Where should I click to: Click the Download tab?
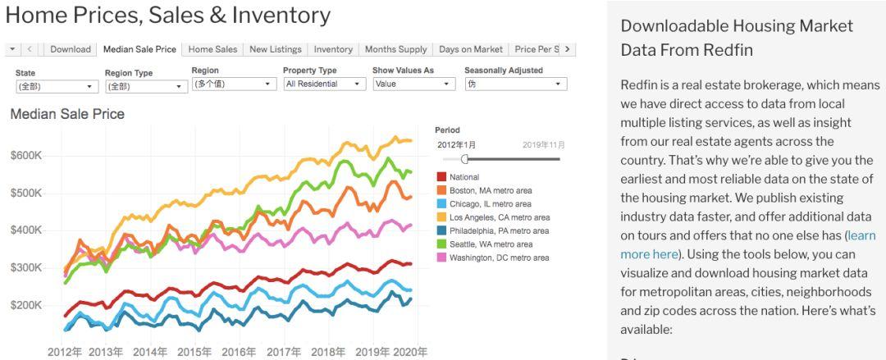click(x=71, y=49)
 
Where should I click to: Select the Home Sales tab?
click(x=212, y=49)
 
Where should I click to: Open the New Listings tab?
click(x=275, y=49)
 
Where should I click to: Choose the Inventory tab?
click(x=333, y=49)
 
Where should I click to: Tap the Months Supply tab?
click(x=395, y=49)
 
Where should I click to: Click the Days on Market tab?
click(x=471, y=49)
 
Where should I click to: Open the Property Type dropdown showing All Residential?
click(x=324, y=84)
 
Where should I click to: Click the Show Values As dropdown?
click(x=413, y=84)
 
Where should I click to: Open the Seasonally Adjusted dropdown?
click(x=515, y=84)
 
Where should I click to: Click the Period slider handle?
click(x=465, y=159)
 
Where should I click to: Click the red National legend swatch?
click(x=441, y=177)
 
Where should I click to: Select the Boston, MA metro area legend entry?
click(x=491, y=190)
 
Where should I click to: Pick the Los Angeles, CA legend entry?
click(x=500, y=217)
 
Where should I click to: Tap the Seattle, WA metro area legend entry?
click(x=491, y=244)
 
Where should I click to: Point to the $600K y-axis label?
click(x=25, y=156)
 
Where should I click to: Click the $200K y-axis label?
click(x=25, y=305)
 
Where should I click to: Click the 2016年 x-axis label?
click(x=239, y=353)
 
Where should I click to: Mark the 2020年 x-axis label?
click(x=410, y=353)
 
